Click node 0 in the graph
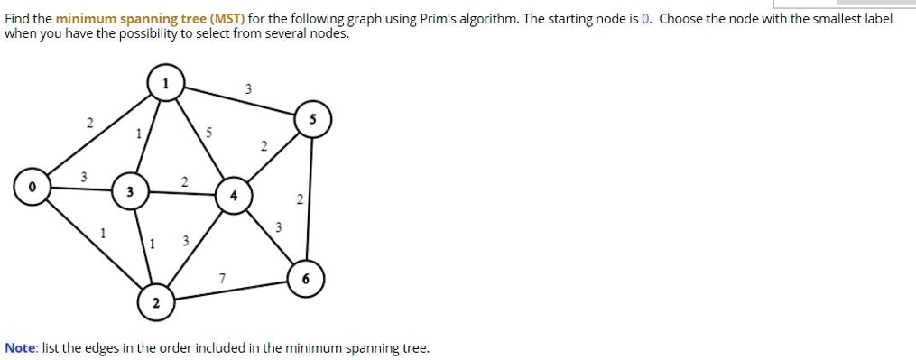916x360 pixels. (32, 189)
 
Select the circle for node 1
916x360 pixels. (164, 83)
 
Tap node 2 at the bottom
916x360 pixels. (155, 303)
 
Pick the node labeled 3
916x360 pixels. (130, 191)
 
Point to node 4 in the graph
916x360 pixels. (233, 196)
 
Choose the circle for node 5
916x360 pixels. (312, 120)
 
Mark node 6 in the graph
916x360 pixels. (305, 280)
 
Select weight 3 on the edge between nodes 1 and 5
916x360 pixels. (249, 88)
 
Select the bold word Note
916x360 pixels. (20, 347)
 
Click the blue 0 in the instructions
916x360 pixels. (645, 19)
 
